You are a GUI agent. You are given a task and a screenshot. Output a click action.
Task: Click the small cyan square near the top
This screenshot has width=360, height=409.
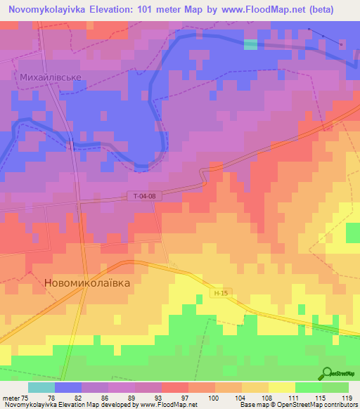(250, 44)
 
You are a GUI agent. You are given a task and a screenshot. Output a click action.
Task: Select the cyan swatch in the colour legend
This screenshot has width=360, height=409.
(41, 387)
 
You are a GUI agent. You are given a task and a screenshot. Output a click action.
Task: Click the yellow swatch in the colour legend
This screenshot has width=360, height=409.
(281, 387)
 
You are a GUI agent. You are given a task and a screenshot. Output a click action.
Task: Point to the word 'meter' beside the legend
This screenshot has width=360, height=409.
(11, 397)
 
